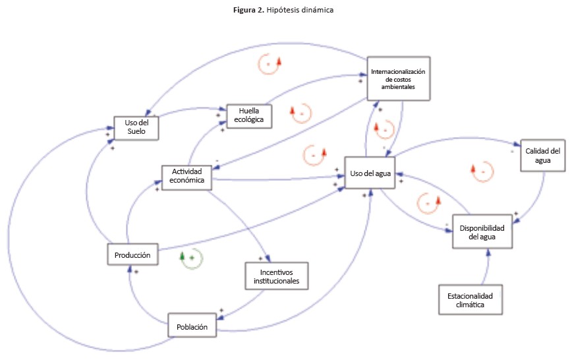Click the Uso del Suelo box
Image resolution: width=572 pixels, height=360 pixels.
click(x=137, y=127)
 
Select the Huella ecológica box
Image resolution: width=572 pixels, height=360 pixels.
click(x=250, y=115)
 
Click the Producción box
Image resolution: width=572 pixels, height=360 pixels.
click(x=132, y=255)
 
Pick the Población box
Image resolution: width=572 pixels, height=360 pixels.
click(x=192, y=326)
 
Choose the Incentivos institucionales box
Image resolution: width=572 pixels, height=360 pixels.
click(x=276, y=275)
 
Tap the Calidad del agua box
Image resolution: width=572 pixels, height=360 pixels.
click(x=542, y=155)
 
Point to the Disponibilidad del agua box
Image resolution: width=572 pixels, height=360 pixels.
click(x=482, y=231)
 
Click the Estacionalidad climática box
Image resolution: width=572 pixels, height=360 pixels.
click(x=470, y=300)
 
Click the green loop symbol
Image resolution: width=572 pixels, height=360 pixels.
click(x=191, y=258)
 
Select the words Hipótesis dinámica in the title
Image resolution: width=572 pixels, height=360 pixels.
click(x=304, y=11)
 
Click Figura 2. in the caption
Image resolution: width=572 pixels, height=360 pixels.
click(x=252, y=11)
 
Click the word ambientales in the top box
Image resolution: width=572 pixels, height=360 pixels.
click(x=398, y=87)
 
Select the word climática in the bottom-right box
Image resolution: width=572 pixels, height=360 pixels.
click(x=470, y=305)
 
